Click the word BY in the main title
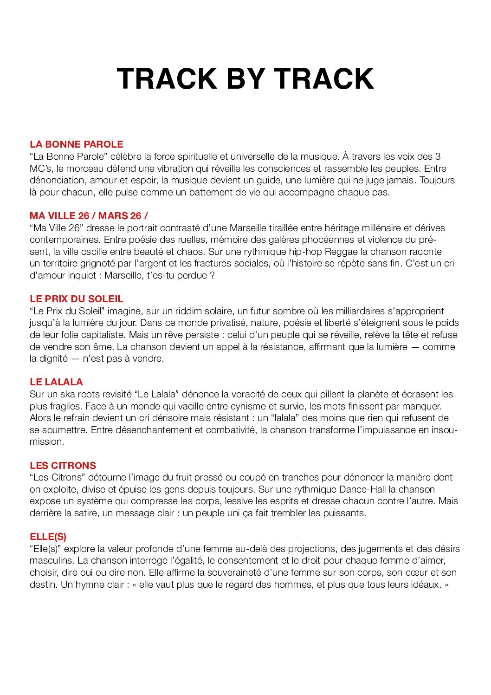coord(245,78)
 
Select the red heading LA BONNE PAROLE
coord(77,144)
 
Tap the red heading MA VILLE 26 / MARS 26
coord(89,216)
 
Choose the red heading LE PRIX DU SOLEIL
coord(77,299)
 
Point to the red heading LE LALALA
coord(56,382)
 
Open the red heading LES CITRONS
coord(63,466)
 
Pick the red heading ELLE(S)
coord(48,537)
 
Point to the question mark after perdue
coord(212,275)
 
